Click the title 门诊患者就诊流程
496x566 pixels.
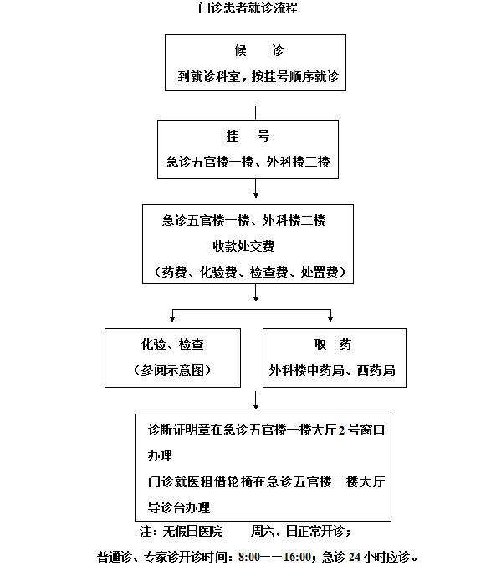coord(248,8)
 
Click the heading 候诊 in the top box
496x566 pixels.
coord(258,50)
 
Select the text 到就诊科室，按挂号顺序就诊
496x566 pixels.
coord(258,76)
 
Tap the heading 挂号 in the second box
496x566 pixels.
coord(248,136)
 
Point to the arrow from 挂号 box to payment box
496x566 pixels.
coord(256,188)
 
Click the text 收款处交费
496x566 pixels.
coord(243,246)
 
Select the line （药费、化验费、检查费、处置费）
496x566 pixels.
coord(249,272)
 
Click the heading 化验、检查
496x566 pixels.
coord(172,344)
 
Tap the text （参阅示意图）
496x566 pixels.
coord(172,370)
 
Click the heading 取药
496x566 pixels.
coord(333,344)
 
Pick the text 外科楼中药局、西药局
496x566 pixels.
coord(332,370)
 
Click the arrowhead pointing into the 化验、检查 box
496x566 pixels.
coord(172,319)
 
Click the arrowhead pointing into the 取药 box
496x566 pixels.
coord(330,319)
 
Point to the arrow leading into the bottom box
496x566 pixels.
coord(256,400)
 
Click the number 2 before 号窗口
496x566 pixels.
coord(341,430)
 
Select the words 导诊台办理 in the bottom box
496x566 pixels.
coord(179,507)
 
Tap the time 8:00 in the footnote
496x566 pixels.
coord(249,557)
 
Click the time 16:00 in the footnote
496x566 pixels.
coord(297,557)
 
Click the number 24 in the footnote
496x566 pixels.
coord(355,557)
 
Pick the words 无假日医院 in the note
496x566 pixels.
coord(192,531)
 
